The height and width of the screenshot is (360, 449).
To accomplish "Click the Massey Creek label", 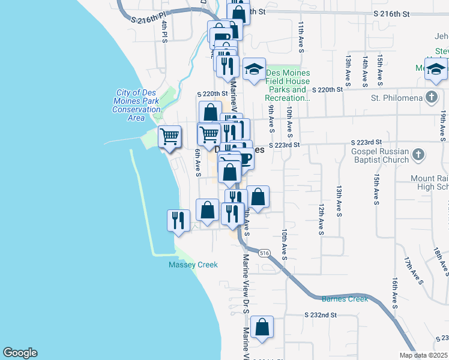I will pos(193,265).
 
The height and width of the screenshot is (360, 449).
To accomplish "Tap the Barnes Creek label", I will pos(345,299).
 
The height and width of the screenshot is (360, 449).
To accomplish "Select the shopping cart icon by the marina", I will pos(170,136).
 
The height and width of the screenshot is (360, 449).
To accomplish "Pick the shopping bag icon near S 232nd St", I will pos(262,328).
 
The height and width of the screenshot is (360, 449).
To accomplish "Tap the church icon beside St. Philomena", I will pos(431,97).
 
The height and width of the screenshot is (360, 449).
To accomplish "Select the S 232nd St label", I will pos(320,314).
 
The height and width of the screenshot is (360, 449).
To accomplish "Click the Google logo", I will pos(20,353).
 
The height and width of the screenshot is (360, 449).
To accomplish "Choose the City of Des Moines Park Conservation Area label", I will pos(137,105).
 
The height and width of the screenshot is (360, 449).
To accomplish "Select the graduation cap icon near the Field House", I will pos(254,68).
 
